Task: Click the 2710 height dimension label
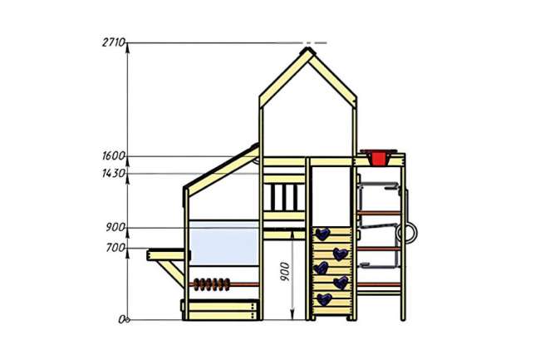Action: [x=113, y=42]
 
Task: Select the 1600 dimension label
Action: [x=113, y=156]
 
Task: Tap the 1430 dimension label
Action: [x=113, y=173]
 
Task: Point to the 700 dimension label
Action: [x=115, y=248]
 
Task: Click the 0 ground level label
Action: [x=123, y=320]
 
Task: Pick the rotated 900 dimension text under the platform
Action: [x=285, y=272]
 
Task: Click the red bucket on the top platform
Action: [x=378, y=157]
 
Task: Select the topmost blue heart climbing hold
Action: [x=322, y=234]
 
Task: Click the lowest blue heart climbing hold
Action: [x=324, y=299]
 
